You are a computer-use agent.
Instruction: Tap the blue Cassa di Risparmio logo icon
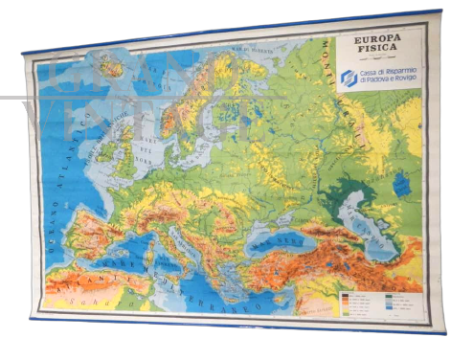(x=349, y=79)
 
